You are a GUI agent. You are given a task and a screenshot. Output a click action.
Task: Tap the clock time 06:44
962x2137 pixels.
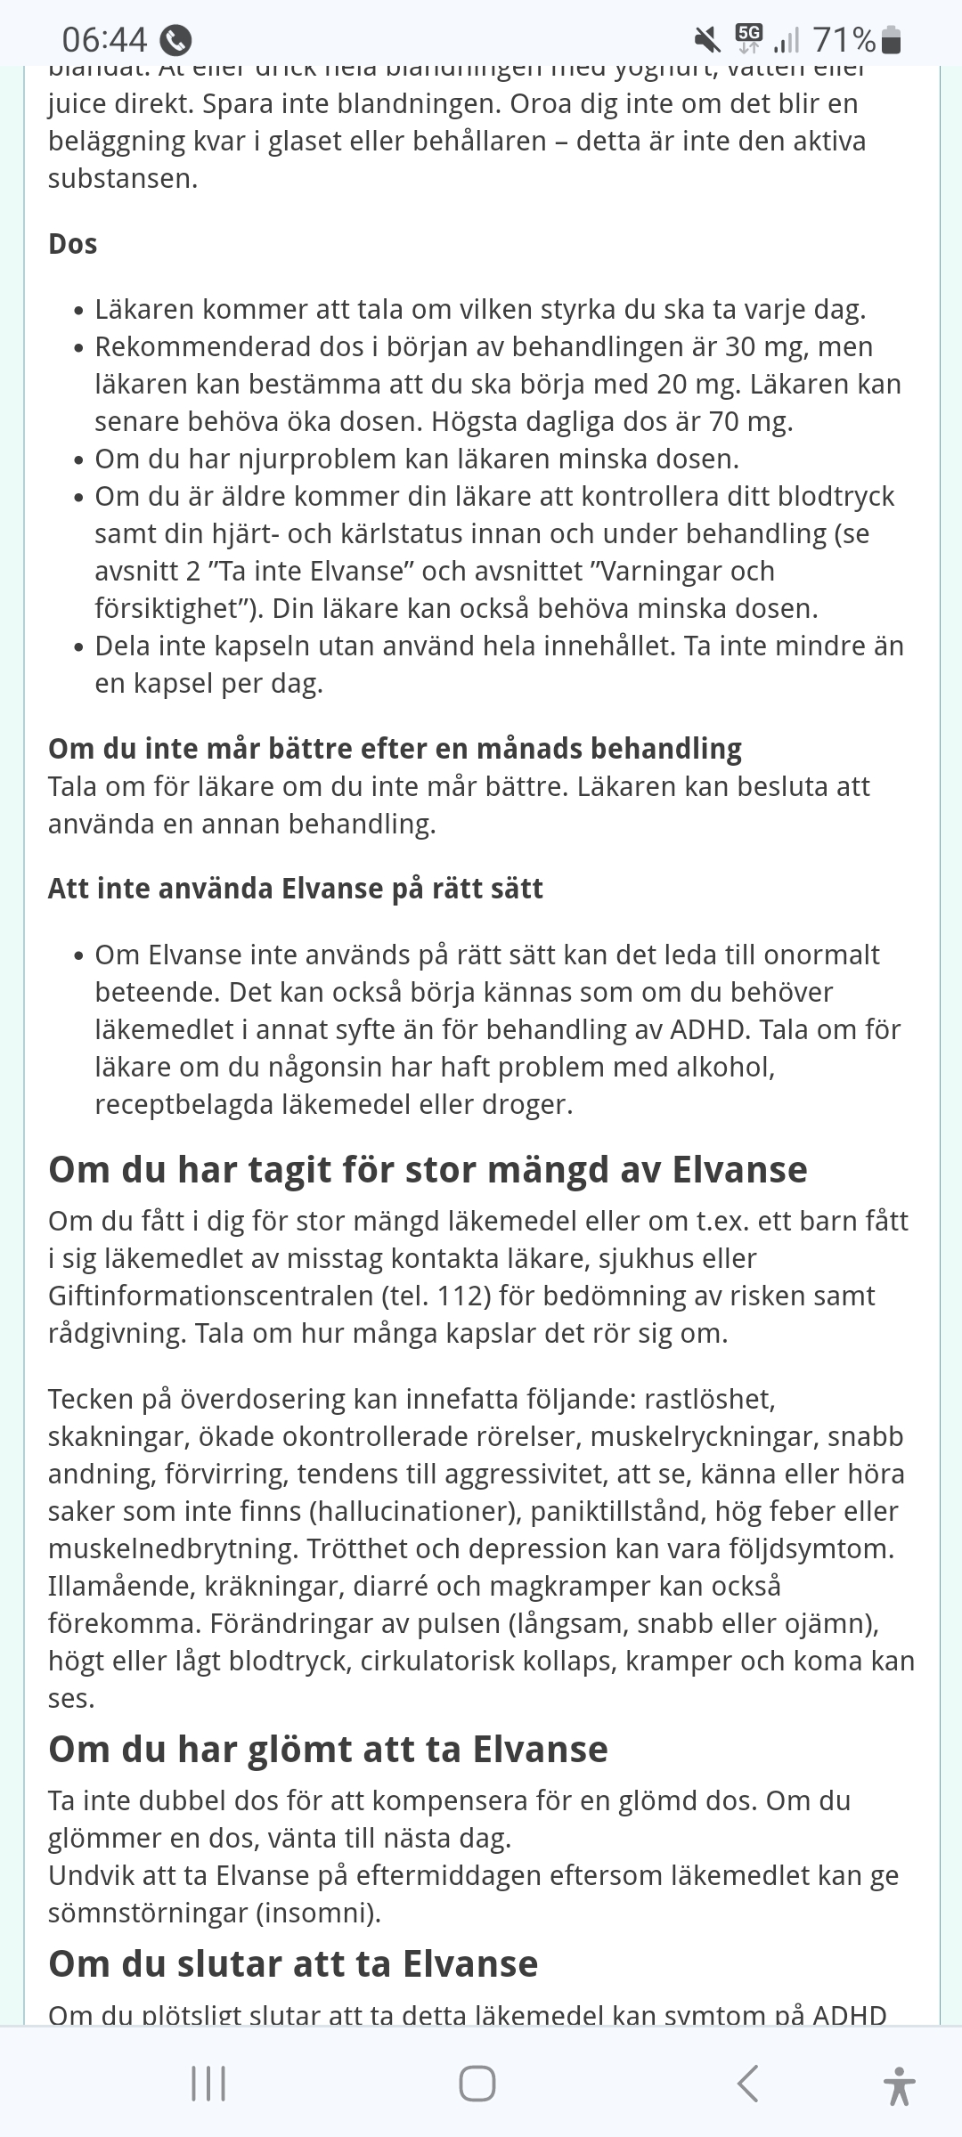pos(104,40)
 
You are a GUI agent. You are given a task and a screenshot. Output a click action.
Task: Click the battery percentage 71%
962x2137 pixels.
pos(844,40)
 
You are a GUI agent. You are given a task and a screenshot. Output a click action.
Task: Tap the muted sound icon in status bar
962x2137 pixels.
pos(707,39)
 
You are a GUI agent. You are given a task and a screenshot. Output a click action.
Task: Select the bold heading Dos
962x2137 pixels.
pos(72,244)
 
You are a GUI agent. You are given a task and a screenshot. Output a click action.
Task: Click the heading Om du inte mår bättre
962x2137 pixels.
pos(395,748)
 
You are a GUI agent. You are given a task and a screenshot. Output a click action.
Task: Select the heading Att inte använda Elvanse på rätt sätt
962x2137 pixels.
pos(296,889)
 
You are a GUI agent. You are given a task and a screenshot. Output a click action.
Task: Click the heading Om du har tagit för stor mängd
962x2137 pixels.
pos(428,1169)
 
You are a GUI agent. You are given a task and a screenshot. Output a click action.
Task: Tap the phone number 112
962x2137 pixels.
pos(464,1296)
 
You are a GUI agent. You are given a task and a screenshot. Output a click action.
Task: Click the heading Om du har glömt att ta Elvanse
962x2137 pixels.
pos(328,1749)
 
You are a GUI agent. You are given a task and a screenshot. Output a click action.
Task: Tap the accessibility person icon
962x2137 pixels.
pos(899,2085)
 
